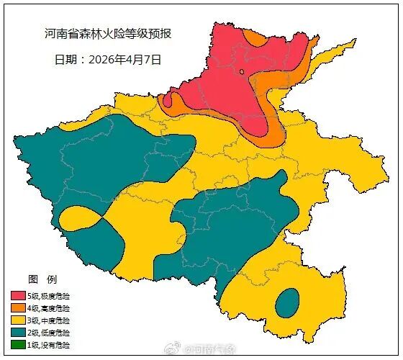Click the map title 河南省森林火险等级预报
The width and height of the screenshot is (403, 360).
108,34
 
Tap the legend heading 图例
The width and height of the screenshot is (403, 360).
42,279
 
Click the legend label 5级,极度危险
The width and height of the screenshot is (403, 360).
50,296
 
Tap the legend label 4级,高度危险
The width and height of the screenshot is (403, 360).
50,308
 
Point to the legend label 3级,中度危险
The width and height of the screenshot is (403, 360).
50,320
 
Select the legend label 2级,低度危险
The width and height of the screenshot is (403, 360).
50,333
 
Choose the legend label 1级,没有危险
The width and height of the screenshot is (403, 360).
50,345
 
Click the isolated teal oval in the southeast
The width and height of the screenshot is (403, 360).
287,302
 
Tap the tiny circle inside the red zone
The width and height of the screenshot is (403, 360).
243,71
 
